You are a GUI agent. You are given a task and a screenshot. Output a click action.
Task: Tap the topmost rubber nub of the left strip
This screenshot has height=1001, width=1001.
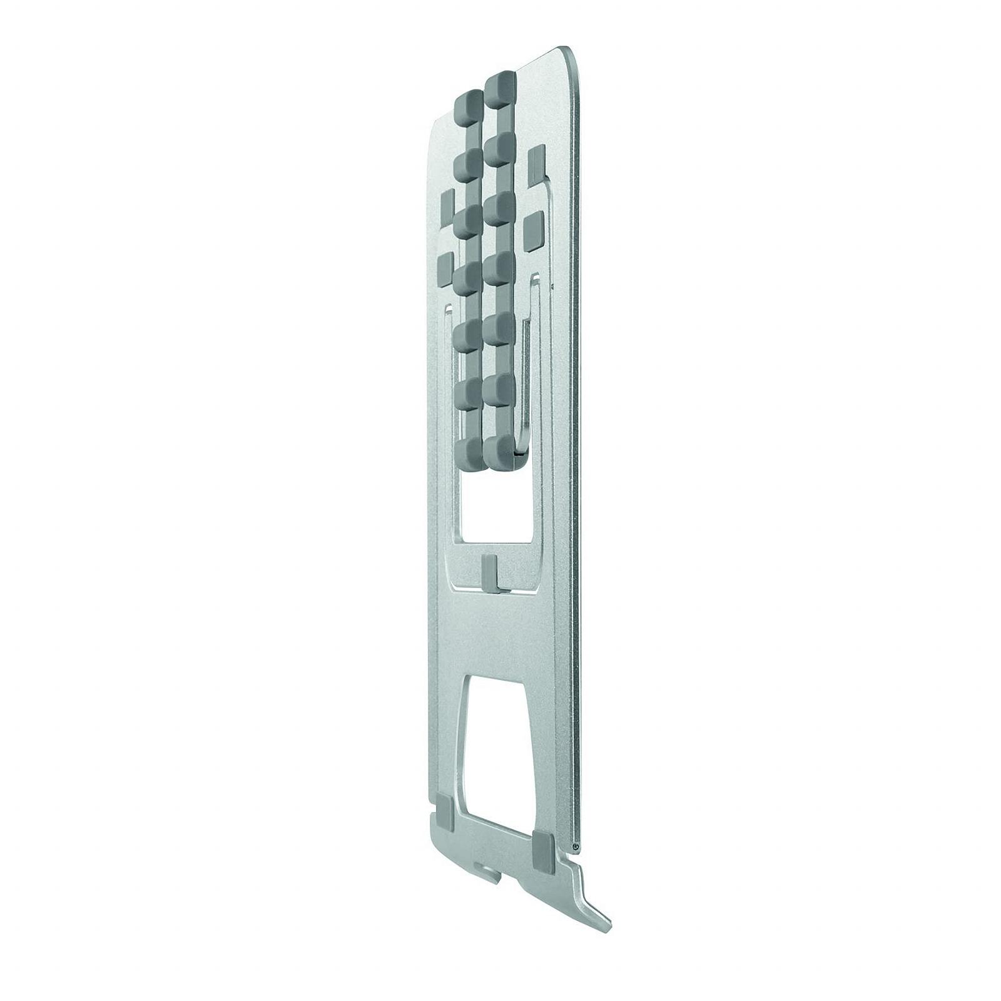point(466,105)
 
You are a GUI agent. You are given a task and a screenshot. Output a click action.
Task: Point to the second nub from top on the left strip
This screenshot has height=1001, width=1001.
point(466,165)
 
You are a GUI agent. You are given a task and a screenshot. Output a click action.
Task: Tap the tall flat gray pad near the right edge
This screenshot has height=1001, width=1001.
point(537,166)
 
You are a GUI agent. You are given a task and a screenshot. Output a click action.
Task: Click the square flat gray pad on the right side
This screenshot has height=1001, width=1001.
point(535,229)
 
